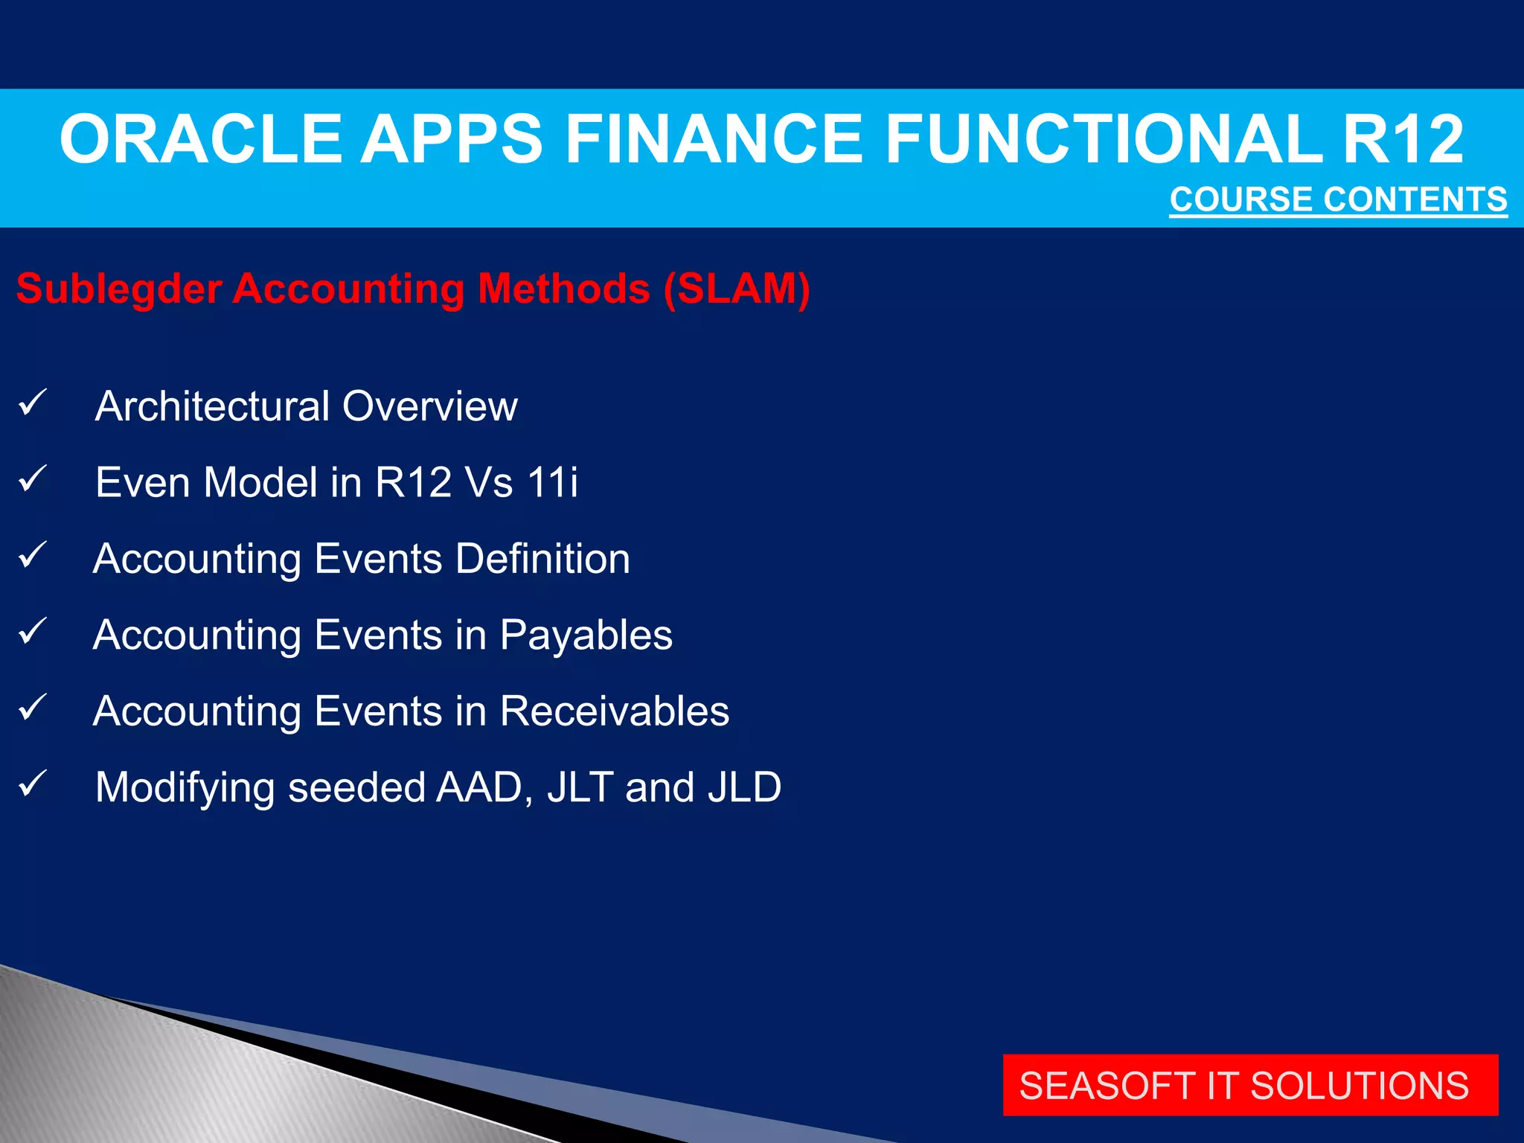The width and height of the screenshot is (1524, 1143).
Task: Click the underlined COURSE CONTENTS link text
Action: click(1338, 200)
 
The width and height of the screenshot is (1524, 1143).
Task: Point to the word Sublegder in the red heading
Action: click(119, 289)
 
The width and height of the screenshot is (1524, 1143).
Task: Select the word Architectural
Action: click(212, 406)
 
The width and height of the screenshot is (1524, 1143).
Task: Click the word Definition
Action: click(542, 558)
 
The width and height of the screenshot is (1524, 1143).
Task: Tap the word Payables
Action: click(586, 635)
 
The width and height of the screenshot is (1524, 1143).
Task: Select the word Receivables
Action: click(614, 711)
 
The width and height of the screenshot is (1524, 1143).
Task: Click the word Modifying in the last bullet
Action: click(185, 787)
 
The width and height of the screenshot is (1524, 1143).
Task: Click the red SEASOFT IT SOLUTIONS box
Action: click(1249, 1085)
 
